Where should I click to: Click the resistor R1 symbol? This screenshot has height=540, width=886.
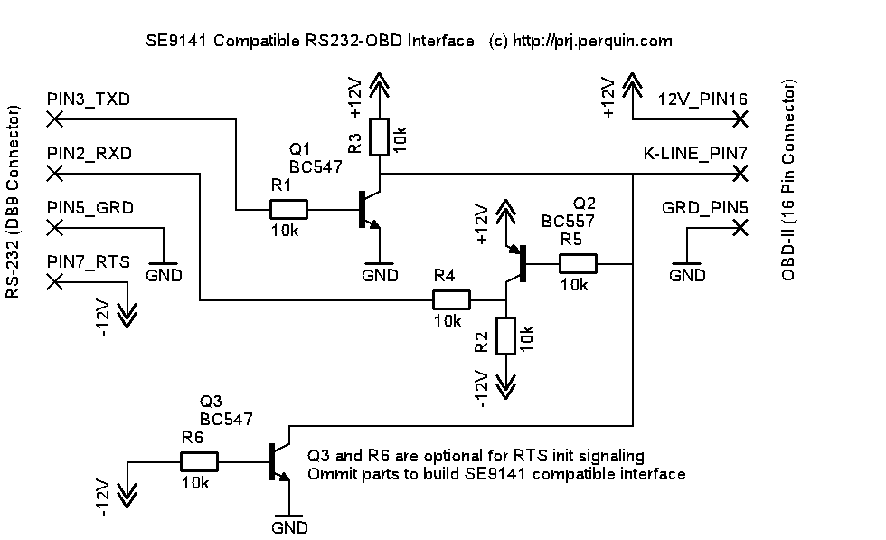pyautogui.click(x=288, y=210)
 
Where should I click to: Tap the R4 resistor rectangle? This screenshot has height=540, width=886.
pyautogui.click(x=451, y=299)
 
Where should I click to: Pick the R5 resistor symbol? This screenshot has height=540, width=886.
pyautogui.click(x=578, y=263)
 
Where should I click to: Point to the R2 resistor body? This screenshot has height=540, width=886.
pyautogui.click(x=505, y=336)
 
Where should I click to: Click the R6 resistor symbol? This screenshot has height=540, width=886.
pyautogui.click(x=199, y=461)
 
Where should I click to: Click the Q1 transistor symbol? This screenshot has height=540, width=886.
pyautogui.click(x=369, y=209)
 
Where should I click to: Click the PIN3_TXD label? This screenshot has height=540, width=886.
pyautogui.click(x=88, y=99)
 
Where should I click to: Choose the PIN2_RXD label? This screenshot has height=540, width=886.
pyautogui.click(x=89, y=153)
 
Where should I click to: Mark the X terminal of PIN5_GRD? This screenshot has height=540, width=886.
pyautogui.click(x=54, y=227)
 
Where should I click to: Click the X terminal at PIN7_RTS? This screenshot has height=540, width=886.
pyautogui.click(x=54, y=281)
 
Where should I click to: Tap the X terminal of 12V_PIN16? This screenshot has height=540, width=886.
pyautogui.click(x=741, y=118)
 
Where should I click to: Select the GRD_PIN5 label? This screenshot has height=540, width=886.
pyautogui.click(x=705, y=207)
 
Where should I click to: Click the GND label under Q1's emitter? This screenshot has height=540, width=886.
pyautogui.click(x=380, y=276)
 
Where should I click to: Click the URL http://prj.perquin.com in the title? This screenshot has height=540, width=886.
pyautogui.click(x=592, y=41)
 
